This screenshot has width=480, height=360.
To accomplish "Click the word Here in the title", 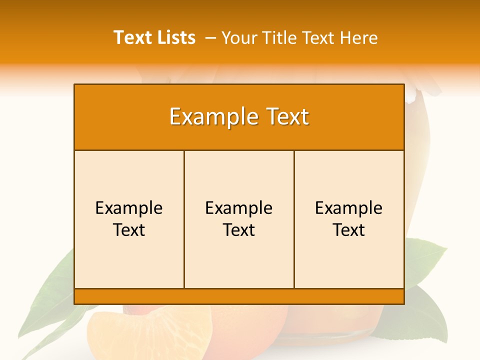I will coord(358,38).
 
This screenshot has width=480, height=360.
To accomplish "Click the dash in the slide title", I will coord(210,38).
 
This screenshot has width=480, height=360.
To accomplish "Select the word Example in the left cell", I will coord(129,208).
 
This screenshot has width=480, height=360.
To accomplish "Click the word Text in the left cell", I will coord(129,230).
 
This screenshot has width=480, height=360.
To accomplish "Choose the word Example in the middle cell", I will coord(239,208).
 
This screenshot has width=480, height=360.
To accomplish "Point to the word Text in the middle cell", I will coord(239,230).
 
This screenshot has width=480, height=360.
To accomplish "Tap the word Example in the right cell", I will coord(349,208).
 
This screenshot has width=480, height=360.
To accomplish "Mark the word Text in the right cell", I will coord(349,230).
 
